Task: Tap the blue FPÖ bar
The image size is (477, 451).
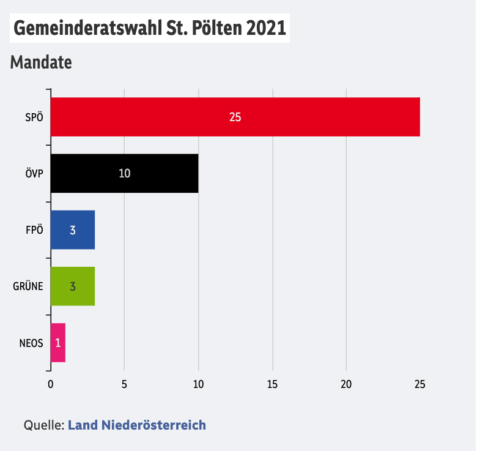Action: (72, 229)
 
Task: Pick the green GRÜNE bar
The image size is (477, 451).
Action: (72, 286)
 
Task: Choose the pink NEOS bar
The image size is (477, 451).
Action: (57, 343)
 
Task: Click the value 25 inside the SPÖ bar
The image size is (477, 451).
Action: (235, 117)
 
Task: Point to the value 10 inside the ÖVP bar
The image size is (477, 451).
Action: (125, 173)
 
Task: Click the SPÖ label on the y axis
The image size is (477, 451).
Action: (34, 117)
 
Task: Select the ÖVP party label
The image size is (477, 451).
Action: (34, 174)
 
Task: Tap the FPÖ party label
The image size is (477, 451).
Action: (34, 230)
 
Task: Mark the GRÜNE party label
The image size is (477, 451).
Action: (28, 286)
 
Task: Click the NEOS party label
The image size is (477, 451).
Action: (31, 343)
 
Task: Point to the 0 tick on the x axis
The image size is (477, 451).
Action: (50, 384)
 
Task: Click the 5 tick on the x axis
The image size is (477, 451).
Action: (124, 384)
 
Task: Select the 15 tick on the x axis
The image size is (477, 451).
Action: (272, 384)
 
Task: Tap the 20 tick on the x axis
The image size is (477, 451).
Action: (346, 384)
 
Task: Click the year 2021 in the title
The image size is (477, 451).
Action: (266, 29)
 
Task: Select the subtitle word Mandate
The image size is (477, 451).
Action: (41, 62)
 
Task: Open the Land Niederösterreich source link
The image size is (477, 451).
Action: (136, 425)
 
